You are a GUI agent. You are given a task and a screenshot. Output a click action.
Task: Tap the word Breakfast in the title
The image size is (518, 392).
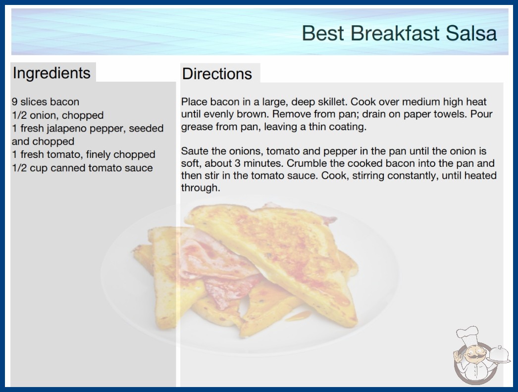click(395, 33)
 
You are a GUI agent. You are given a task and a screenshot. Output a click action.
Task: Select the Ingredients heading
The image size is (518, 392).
click(52, 73)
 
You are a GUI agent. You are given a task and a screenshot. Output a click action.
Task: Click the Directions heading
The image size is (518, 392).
click(217, 74)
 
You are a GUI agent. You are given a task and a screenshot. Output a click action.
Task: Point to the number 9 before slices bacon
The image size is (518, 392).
click(14, 102)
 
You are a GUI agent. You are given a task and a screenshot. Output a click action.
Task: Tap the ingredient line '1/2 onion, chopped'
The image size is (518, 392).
click(58, 115)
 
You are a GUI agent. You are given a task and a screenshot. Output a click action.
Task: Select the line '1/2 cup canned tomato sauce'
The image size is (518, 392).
click(82, 168)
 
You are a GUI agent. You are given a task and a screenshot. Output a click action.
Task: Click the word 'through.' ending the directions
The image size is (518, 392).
click(201, 188)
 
